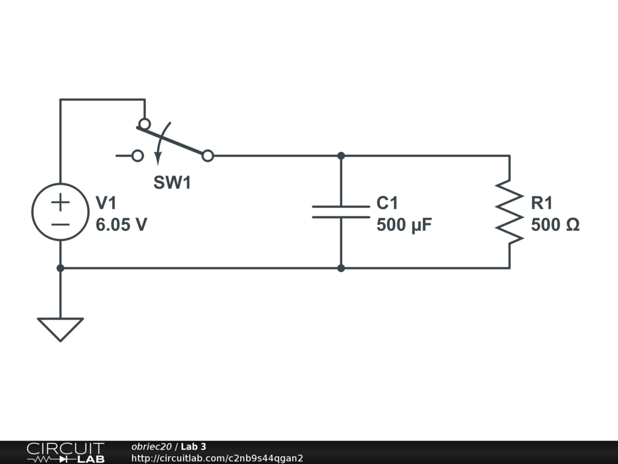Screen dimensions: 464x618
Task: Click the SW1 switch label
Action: [172, 182]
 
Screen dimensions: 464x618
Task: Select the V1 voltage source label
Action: [106, 204]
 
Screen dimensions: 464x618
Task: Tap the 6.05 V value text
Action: [121, 225]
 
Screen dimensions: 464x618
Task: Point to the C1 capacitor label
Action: [387, 204]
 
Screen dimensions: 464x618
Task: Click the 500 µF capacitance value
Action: [404, 225]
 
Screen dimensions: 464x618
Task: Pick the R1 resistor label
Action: [541, 204]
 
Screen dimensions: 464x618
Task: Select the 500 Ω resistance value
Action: [555, 225]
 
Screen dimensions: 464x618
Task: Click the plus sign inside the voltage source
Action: [60, 202]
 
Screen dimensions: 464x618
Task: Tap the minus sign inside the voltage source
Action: [60, 224]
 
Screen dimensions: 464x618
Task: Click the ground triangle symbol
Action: [60, 328]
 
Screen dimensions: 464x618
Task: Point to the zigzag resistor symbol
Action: [509, 212]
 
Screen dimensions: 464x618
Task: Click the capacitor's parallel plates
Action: [341, 211]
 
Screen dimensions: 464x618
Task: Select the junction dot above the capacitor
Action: [341, 156]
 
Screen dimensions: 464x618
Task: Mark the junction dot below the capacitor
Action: [341, 268]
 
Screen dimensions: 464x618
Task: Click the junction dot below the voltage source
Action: [60, 268]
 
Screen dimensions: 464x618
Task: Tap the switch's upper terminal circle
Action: [145, 124]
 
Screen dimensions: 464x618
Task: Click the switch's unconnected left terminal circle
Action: [138, 156]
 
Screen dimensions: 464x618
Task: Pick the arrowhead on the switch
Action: [158, 158]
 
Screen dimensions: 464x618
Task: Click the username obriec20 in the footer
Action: [151, 446]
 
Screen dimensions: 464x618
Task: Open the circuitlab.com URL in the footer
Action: [217, 458]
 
